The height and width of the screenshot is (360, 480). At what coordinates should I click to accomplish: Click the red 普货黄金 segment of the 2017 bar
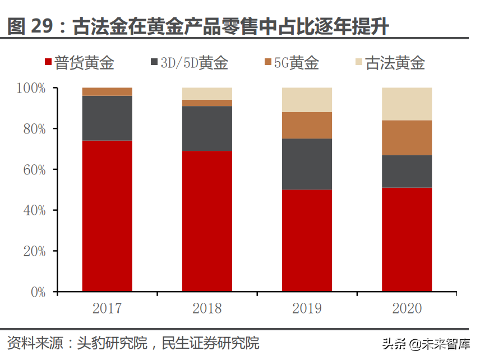107,216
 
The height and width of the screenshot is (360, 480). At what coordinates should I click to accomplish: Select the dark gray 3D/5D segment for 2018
207,128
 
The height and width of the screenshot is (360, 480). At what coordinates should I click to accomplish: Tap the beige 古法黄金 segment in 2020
407,104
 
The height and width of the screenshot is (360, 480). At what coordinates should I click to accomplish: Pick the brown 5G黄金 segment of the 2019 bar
307,125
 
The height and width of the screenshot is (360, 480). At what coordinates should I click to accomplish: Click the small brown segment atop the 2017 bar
107,91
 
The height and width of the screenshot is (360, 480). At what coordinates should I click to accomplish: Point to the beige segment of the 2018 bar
207,93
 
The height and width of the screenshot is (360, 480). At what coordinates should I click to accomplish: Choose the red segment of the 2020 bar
407,239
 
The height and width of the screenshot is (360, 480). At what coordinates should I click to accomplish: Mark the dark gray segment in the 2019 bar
307,164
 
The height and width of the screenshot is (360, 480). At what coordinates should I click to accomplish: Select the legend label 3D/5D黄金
194,63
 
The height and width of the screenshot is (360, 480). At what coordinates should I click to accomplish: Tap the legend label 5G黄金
296,63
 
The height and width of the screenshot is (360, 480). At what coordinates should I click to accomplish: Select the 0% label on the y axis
38,292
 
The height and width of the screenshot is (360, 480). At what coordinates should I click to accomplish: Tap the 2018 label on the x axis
207,308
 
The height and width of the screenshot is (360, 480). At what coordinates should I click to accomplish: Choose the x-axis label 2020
407,308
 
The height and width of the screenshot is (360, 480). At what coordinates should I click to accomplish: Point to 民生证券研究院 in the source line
210,343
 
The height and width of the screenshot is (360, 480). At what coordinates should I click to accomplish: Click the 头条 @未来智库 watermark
427,343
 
